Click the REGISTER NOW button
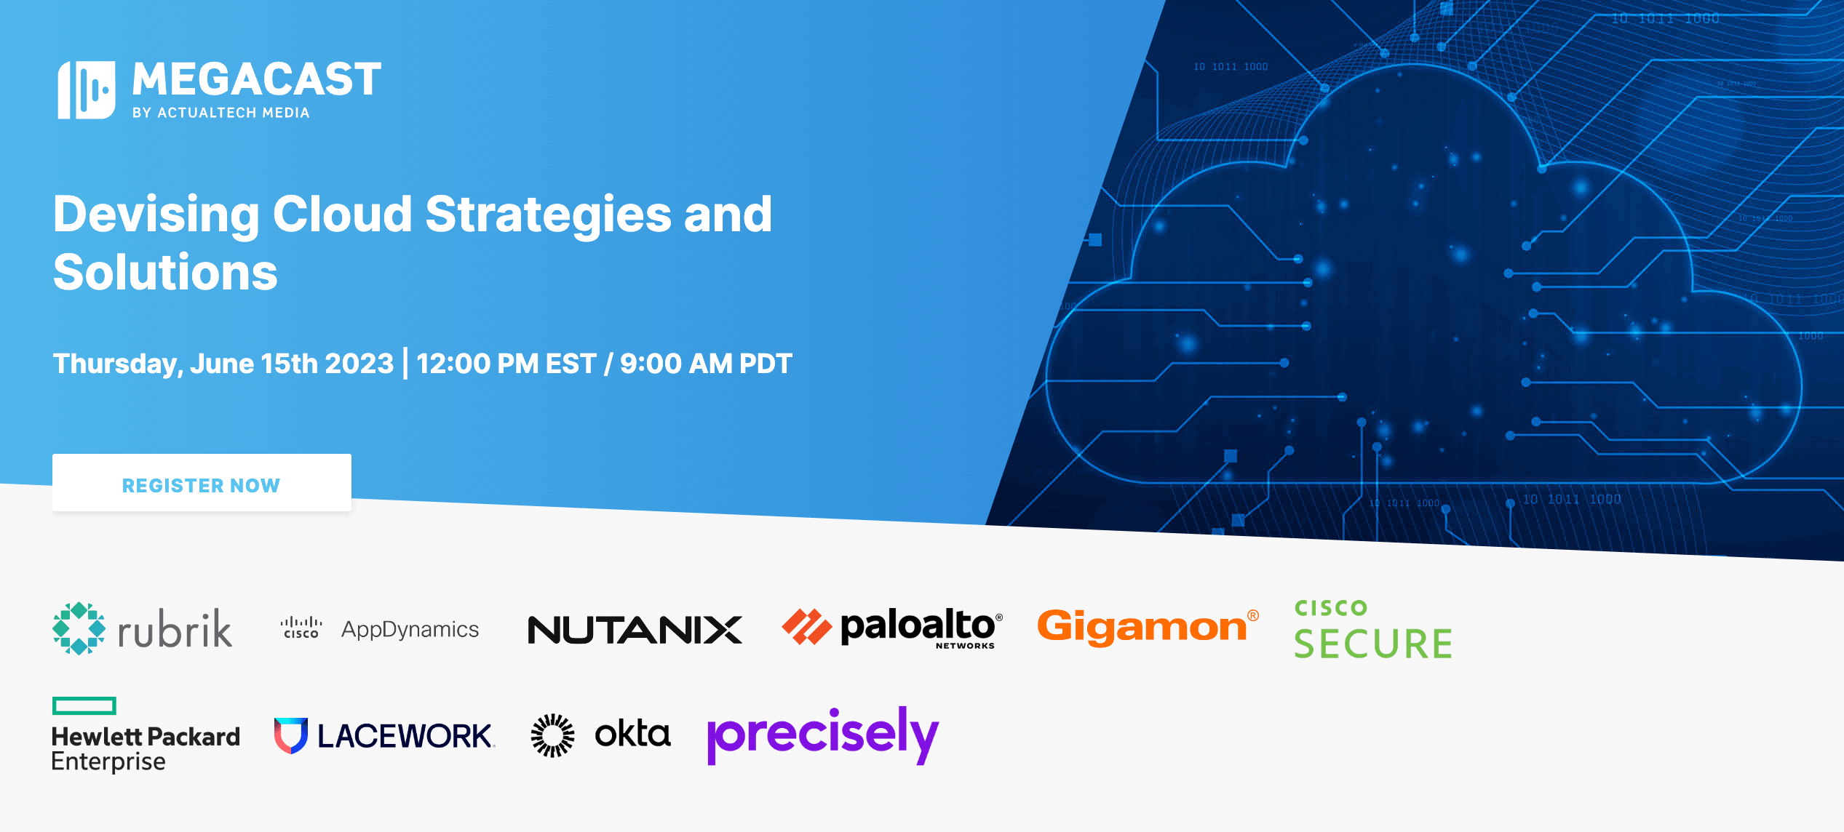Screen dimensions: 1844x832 point(202,483)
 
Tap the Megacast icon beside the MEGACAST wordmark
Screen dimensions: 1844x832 point(86,89)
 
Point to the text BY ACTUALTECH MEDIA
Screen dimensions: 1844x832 point(221,113)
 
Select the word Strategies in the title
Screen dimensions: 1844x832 point(547,215)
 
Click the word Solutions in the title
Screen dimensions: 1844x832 point(165,272)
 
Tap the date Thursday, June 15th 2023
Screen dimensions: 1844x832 point(223,364)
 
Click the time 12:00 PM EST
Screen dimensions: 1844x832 point(506,364)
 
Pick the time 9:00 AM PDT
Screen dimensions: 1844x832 point(706,364)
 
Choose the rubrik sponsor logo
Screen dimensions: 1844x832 point(143,628)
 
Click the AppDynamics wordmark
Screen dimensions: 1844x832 point(410,629)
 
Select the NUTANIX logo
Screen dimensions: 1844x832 point(635,630)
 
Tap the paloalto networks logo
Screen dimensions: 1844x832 point(892,628)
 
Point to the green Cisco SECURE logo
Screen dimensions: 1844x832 point(1372,629)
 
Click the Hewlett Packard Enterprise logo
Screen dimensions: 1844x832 point(146,735)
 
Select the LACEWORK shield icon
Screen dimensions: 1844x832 point(291,735)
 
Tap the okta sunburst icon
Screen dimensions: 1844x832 point(552,735)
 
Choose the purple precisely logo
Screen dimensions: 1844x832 point(823,735)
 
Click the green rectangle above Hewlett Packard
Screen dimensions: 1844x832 point(84,705)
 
